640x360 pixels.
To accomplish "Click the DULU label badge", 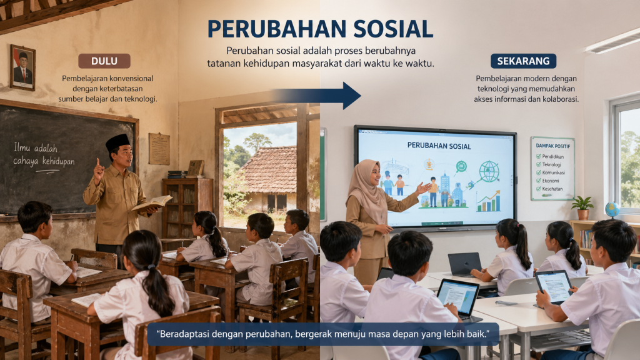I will click(x=104, y=61).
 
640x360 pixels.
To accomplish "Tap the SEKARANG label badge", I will click(x=523, y=61).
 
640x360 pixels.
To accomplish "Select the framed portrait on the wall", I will click(x=22, y=67).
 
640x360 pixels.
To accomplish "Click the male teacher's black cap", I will click(x=117, y=141).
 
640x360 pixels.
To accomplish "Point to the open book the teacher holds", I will click(x=152, y=202).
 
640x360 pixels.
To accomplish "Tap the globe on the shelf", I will click(x=612, y=209).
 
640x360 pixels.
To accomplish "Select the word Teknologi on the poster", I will click(x=554, y=163).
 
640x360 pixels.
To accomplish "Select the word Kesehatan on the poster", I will click(x=554, y=189).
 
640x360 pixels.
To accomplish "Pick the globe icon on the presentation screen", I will click(x=489, y=170).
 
